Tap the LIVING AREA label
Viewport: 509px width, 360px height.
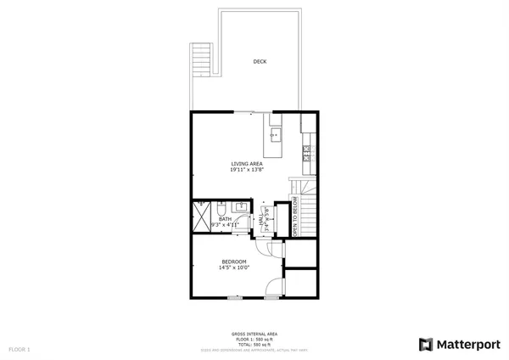[247, 163]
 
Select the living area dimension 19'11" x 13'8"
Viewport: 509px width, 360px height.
[247, 170]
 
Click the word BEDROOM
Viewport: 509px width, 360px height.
[233, 261]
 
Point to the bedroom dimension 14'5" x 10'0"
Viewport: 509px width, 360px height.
[233, 267]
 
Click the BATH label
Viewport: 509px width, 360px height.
[225, 218]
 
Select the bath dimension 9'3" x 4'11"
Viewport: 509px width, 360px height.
[225, 224]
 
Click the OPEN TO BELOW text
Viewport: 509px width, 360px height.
[295, 218]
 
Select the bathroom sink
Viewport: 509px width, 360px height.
[241, 206]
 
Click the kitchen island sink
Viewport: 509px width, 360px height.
[274, 134]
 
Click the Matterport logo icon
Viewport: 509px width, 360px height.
[426, 344]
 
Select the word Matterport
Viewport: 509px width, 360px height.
[467, 344]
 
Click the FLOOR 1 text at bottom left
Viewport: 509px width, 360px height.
[20, 349]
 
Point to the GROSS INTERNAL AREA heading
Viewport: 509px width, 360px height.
[255, 334]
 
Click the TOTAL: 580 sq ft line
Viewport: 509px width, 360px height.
[255, 344]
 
